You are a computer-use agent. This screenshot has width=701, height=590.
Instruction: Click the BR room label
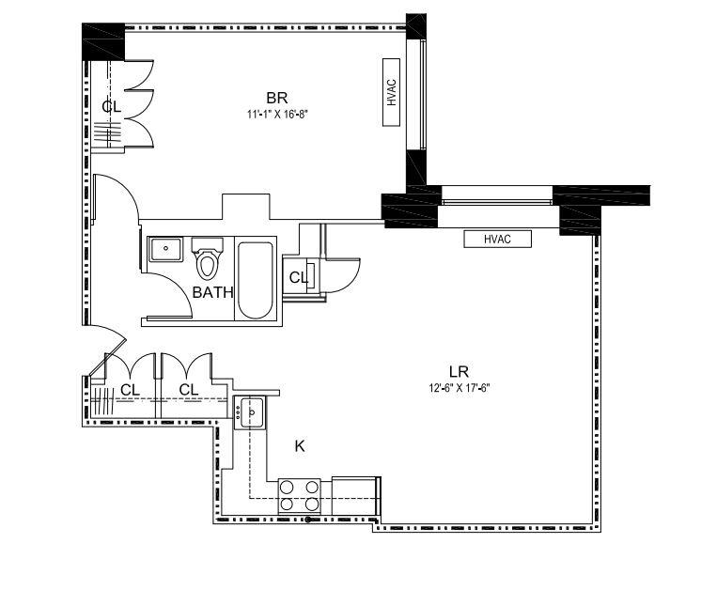tap(276, 98)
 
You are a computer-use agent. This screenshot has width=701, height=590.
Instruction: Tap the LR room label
tap(460, 371)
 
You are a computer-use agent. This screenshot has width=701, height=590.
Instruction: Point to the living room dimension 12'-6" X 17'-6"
tap(460, 387)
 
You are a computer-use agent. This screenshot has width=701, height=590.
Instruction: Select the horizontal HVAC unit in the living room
tap(497, 239)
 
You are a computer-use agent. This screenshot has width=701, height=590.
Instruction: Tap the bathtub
tap(255, 279)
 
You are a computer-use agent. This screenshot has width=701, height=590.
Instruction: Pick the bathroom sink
tap(166, 250)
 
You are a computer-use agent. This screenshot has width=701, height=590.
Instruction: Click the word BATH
tap(212, 292)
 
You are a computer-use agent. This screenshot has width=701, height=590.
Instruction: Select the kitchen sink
tap(252, 411)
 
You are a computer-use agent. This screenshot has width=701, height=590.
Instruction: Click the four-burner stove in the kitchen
tap(299, 495)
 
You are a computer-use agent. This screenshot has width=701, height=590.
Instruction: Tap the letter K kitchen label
tap(300, 446)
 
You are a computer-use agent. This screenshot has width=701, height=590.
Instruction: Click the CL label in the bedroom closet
tap(112, 106)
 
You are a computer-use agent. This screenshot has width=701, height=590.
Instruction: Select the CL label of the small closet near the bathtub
tap(298, 277)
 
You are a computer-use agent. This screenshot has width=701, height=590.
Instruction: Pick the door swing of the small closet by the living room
tap(343, 272)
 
